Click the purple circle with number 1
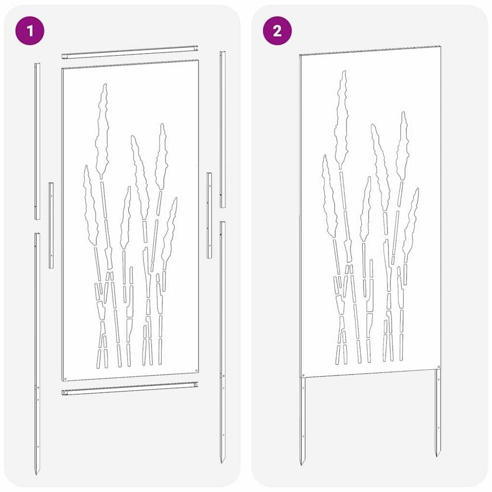[x=30, y=31]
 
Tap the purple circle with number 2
[x=277, y=31]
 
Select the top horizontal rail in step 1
[x=130, y=52]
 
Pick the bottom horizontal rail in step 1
[x=130, y=388]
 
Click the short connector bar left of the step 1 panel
[x=51, y=225]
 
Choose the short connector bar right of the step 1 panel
[x=209, y=215]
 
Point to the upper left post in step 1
[x=37, y=141]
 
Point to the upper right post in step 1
[x=222, y=129]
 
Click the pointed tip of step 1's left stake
[x=36, y=475]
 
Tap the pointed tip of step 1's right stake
[x=222, y=463]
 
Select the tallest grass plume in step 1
[x=102, y=131]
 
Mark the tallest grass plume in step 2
[x=341, y=119]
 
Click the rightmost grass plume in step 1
[x=170, y=232]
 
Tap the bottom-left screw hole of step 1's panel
[x=66, y=378]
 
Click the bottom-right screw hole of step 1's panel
[x=196, y=371]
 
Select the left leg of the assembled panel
[x=302, y=420]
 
